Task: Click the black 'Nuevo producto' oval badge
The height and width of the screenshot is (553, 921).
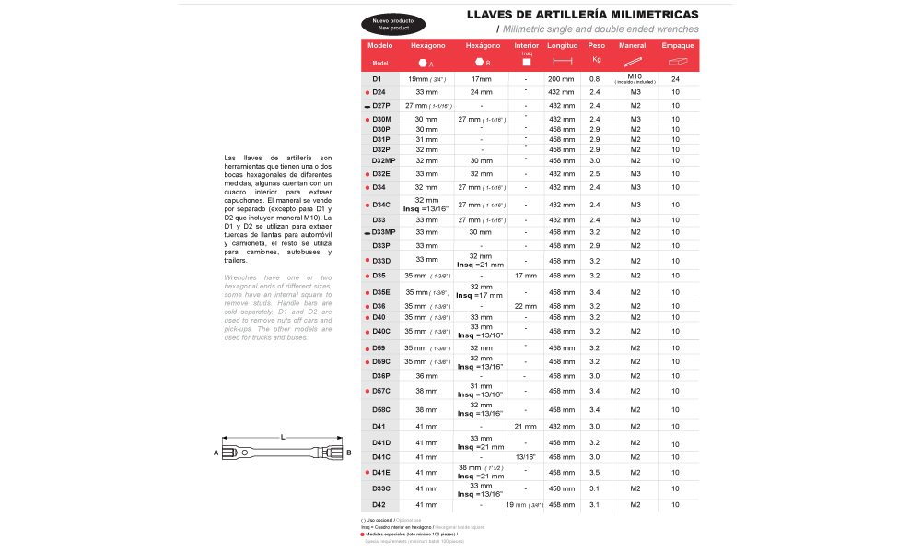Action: pyautogui.click(x=392, y=24)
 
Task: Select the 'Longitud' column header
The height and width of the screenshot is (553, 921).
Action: pyautogui.click(x=562, y=45)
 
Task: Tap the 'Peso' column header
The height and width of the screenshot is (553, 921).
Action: pyautogui.click(x=597, y=45)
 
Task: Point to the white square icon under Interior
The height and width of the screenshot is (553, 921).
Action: pyautogui.click(x=526, y=62)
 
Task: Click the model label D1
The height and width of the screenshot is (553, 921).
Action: pyautogui.click(x=377, y=79)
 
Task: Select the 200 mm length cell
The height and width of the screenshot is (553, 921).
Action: pyautogui.click(x=561, y=79)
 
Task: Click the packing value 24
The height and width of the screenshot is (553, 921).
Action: pyautogui.click(x=675, y=79)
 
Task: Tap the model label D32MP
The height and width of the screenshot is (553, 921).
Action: pyautogui.click(x=383, y=160)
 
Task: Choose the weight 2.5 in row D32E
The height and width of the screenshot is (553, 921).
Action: pyautogui.click(x=594, y=173)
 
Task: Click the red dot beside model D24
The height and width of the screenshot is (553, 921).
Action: pyautogui.click(x=367, y=93)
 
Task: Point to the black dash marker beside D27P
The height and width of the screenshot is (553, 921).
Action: pyautogui.click(x=367, y=107)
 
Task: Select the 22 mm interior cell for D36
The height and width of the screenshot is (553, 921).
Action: pyautogui.click(x=525, y=306)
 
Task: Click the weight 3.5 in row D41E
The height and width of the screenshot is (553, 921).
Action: pyautogui.click(x=594, y=472)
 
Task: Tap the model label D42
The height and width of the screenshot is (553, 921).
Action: pyautogui.click(x=379, y=505)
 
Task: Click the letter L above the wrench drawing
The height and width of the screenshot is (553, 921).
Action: pyautogui.click(x=283, y=436)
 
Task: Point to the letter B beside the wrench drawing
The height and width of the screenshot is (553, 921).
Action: pyautogui.click(x=348, y=452)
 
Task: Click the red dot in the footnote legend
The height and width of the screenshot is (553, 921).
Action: pyautogui.click(x=363, y=534)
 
